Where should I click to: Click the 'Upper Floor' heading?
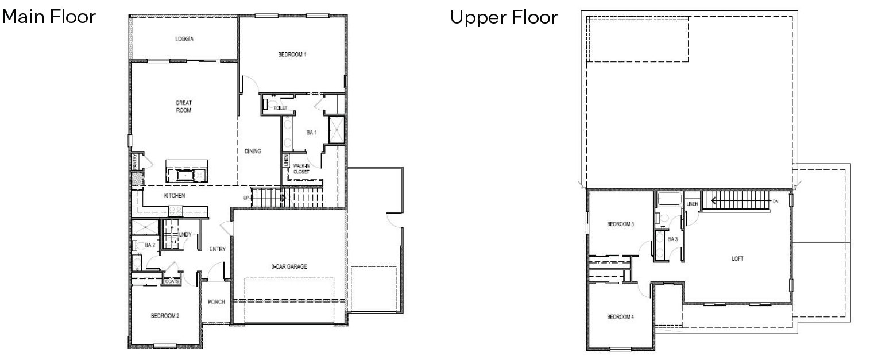coord(503,17)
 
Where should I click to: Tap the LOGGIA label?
coord(184,40)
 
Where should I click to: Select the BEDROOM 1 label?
coord(292,55)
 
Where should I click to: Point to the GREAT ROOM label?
coord(184,106)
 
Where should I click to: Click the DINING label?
coord(253,152)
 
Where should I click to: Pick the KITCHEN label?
coord(175,196)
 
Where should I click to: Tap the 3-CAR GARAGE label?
coord(289,266)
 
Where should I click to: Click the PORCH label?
coord(216,302)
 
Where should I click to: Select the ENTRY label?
coord(218,249)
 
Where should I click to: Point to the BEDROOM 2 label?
coord(166,315)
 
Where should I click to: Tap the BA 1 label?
coord(312,133)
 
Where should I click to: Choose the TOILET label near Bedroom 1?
coord(280,107)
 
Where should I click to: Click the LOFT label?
coord(737,258)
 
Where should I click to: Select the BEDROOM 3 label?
coord(620,224)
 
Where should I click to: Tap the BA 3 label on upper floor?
coord(672,239)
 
